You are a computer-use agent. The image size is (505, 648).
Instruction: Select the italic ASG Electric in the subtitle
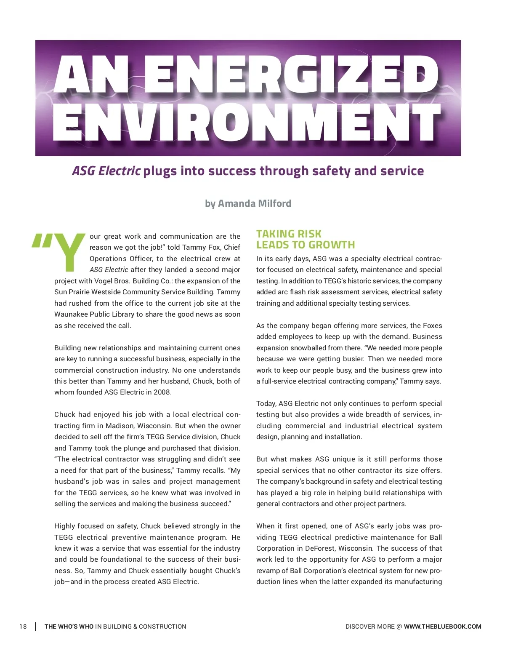click(106, 171)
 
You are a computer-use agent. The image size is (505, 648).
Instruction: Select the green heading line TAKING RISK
click(289, 234)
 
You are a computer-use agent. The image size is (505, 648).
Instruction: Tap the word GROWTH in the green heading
click(332, 245)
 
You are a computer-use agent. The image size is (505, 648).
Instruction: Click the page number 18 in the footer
click(23, 627)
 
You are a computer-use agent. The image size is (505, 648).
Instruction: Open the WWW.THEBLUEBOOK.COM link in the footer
click(442, 627)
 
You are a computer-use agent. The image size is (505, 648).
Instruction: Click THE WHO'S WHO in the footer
click(69, 627)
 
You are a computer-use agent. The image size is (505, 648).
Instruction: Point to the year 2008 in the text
click(162, 392)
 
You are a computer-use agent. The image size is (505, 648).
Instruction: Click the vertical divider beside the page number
click(35, 627)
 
